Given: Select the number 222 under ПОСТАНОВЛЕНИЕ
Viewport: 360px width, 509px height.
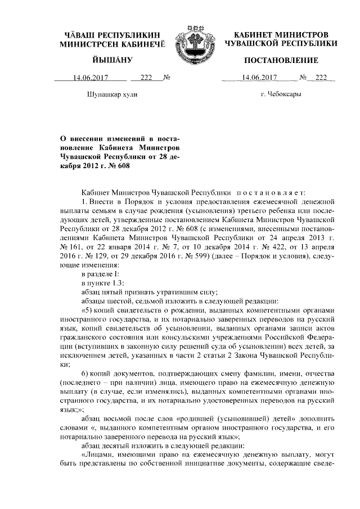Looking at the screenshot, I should point(321,78).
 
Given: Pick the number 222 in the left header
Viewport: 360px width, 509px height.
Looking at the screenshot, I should point(147,78).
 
